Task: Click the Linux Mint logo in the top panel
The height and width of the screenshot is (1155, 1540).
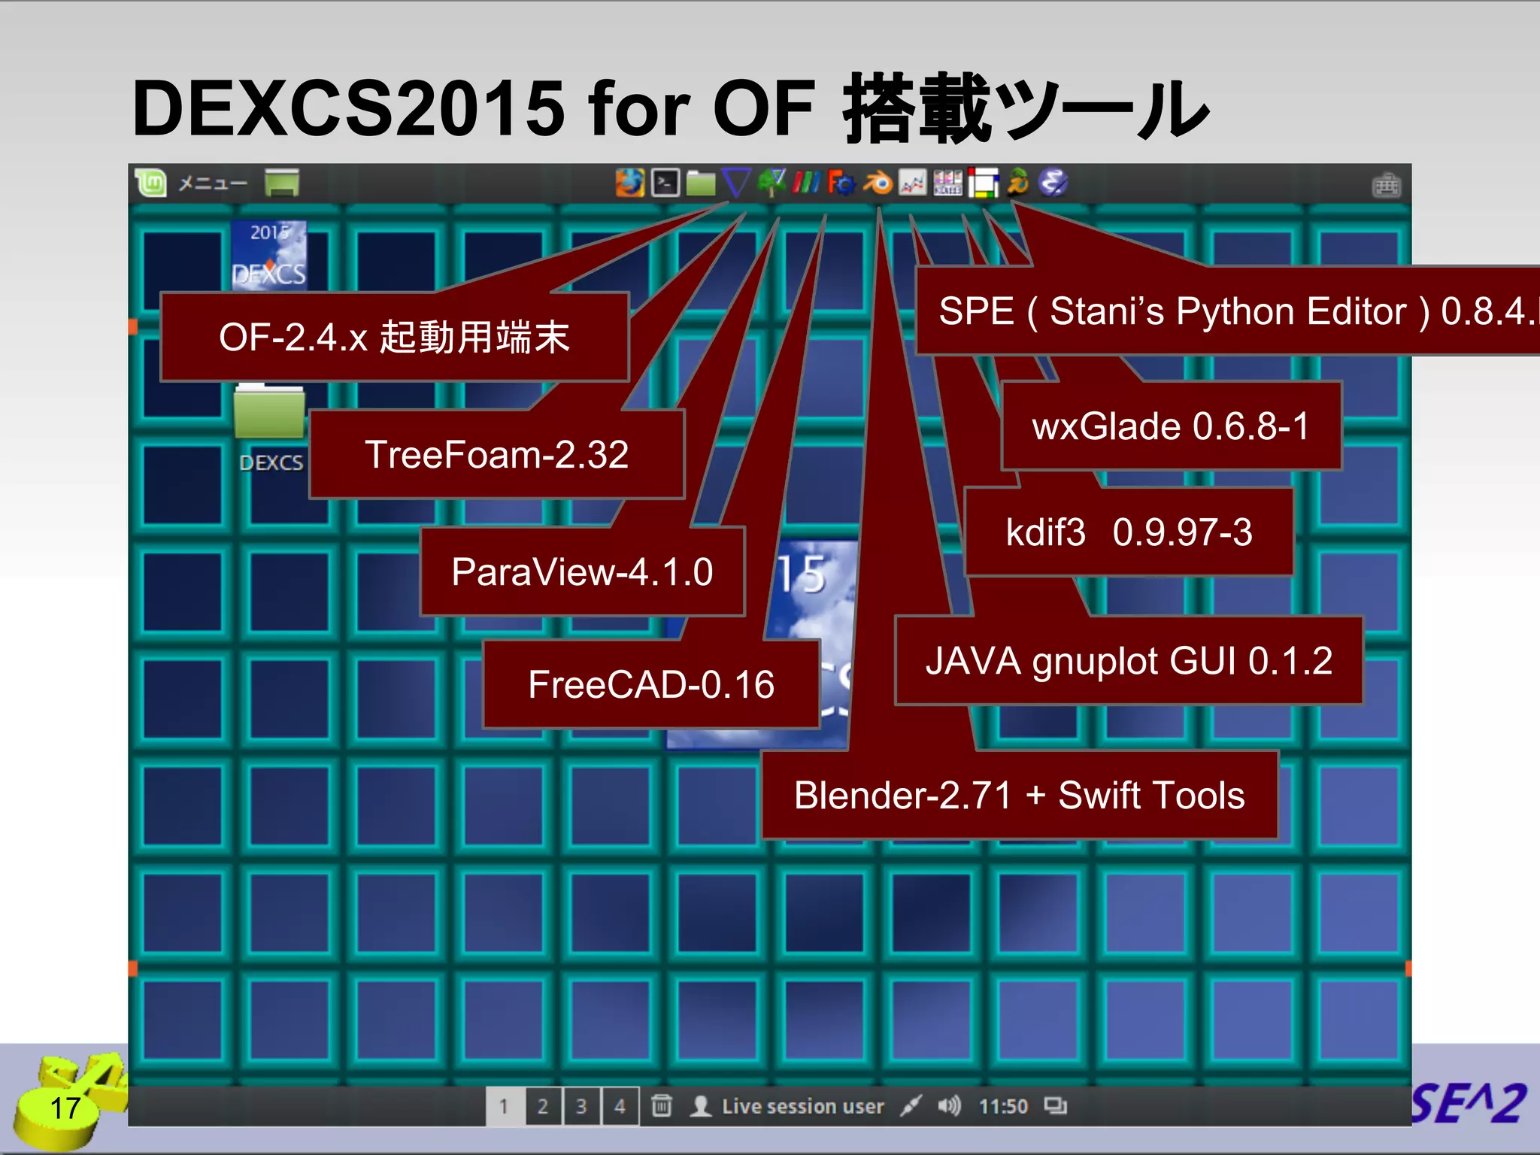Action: coord(151,183)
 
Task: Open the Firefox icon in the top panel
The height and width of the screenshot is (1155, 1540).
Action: coord(630,183)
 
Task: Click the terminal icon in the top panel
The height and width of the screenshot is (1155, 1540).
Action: coord(665,183)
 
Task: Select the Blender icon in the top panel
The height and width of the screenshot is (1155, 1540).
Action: coord(877,183)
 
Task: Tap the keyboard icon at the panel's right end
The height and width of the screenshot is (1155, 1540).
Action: coord(1386,185)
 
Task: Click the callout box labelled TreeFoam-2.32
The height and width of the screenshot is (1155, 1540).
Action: coord(496,454)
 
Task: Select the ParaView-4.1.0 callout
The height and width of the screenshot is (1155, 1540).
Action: coord(582,571)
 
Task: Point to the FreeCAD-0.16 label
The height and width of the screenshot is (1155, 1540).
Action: coord(650,684)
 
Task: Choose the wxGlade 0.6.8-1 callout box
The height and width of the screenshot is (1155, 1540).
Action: coord(1171,426)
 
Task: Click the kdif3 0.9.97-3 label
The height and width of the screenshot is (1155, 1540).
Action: coord(1129,532)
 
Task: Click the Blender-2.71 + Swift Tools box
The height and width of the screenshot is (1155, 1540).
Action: coord(1019,796)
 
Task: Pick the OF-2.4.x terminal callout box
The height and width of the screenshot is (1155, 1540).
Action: coord(394,337)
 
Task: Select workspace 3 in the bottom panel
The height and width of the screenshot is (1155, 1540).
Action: coord(581,1106)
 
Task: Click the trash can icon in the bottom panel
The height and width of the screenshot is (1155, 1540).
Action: coord(662,1105)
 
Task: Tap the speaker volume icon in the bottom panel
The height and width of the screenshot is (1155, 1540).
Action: coord(949,1105)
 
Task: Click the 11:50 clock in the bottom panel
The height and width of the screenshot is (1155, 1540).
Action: coord(1003,1106)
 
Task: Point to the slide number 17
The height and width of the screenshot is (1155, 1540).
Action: coord(65,1108)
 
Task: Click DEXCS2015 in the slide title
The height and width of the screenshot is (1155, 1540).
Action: coord(348,108)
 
